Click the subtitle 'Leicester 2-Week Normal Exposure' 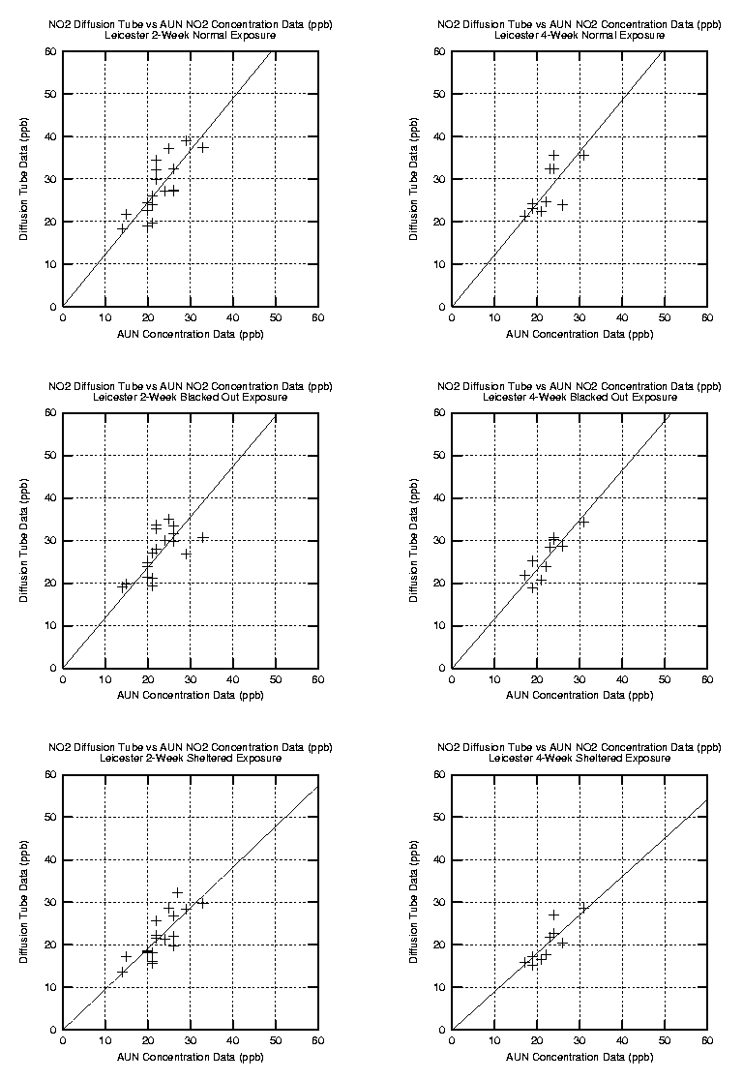click(x=191, y=35)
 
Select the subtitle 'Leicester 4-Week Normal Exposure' click(x=580, y=35)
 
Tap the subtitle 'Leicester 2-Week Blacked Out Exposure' click(x=191, y=397)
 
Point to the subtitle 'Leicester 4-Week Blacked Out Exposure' click(x=580, y=397)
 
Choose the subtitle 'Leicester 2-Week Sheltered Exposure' click(x=191, y=758)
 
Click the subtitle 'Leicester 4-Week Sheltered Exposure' click(x=580, y=758)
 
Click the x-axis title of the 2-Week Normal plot click(x=191, y=334)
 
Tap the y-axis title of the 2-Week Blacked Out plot click(x=24, y=540)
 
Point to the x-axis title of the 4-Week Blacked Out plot click(x=580, y=695)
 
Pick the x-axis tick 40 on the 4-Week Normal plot click(x=622, y=316)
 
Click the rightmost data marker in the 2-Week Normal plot click(x=203, y=147)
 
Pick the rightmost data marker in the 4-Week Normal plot click(x=583, y=155)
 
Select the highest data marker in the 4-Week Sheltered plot click(x=554, y=915)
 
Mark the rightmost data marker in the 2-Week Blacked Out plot click(x=203, y=537)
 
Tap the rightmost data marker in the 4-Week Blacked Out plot click(x=583, y=522)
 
